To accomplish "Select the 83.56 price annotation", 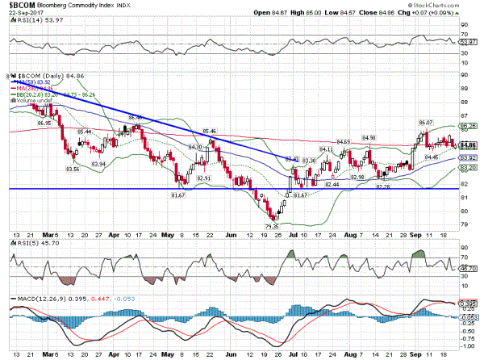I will pos(73,170).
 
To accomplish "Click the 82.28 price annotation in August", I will pos(383,186).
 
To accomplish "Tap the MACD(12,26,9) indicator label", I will pos(37,298).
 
